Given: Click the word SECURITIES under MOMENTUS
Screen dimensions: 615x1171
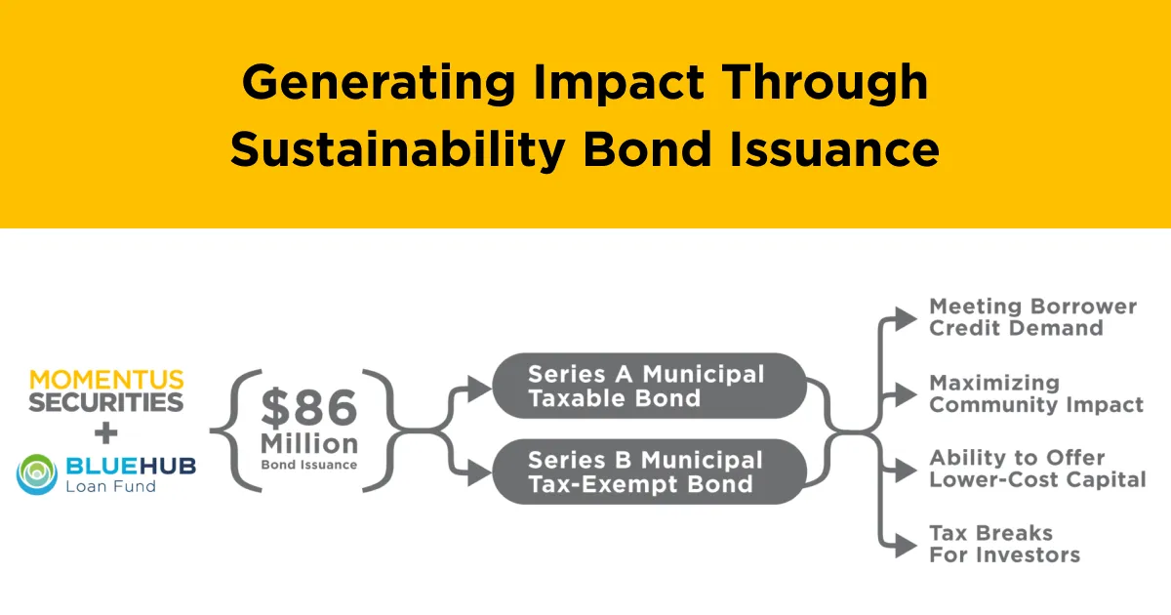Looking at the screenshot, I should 106,401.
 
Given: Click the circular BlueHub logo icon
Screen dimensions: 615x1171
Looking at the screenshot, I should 37,473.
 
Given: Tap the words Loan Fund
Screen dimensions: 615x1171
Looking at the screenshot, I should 110,485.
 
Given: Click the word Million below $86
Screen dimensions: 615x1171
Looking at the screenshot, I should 308,444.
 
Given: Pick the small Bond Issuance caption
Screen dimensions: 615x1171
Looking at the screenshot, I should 308,465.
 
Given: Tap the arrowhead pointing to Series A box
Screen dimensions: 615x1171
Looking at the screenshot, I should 480,389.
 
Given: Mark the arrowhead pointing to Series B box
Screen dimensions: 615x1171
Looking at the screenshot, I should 480,473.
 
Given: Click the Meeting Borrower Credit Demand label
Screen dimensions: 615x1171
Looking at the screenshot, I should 1032,317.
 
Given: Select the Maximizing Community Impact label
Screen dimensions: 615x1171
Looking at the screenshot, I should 1036,393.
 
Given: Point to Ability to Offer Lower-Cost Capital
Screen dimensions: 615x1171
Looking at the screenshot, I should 1037,469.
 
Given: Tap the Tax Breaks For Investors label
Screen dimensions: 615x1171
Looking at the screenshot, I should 1004,544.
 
